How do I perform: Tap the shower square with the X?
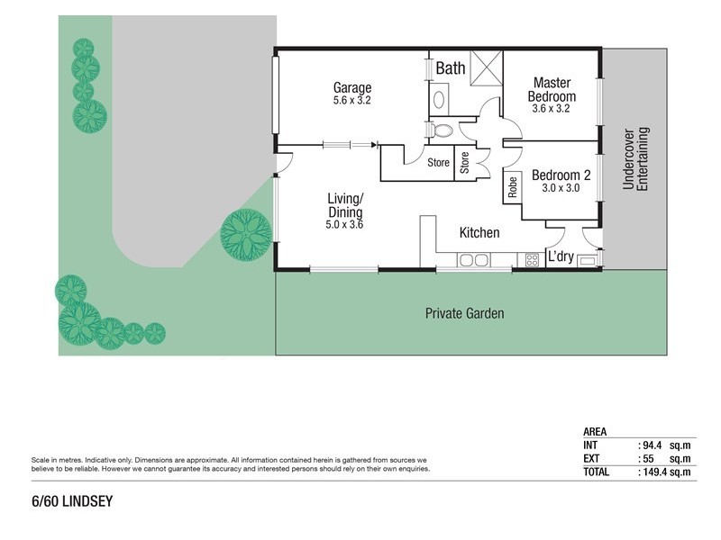486,67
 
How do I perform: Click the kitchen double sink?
473,261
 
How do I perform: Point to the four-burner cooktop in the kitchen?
532,260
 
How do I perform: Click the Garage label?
352,87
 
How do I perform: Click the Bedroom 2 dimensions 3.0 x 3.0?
560,189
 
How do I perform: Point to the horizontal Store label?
438,163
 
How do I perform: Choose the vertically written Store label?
465,163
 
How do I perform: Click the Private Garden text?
464,314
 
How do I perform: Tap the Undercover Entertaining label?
635,157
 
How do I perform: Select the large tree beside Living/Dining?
246,234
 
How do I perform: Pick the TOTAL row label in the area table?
597,472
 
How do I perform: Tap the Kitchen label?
479,233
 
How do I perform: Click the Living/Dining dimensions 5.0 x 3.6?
344,225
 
